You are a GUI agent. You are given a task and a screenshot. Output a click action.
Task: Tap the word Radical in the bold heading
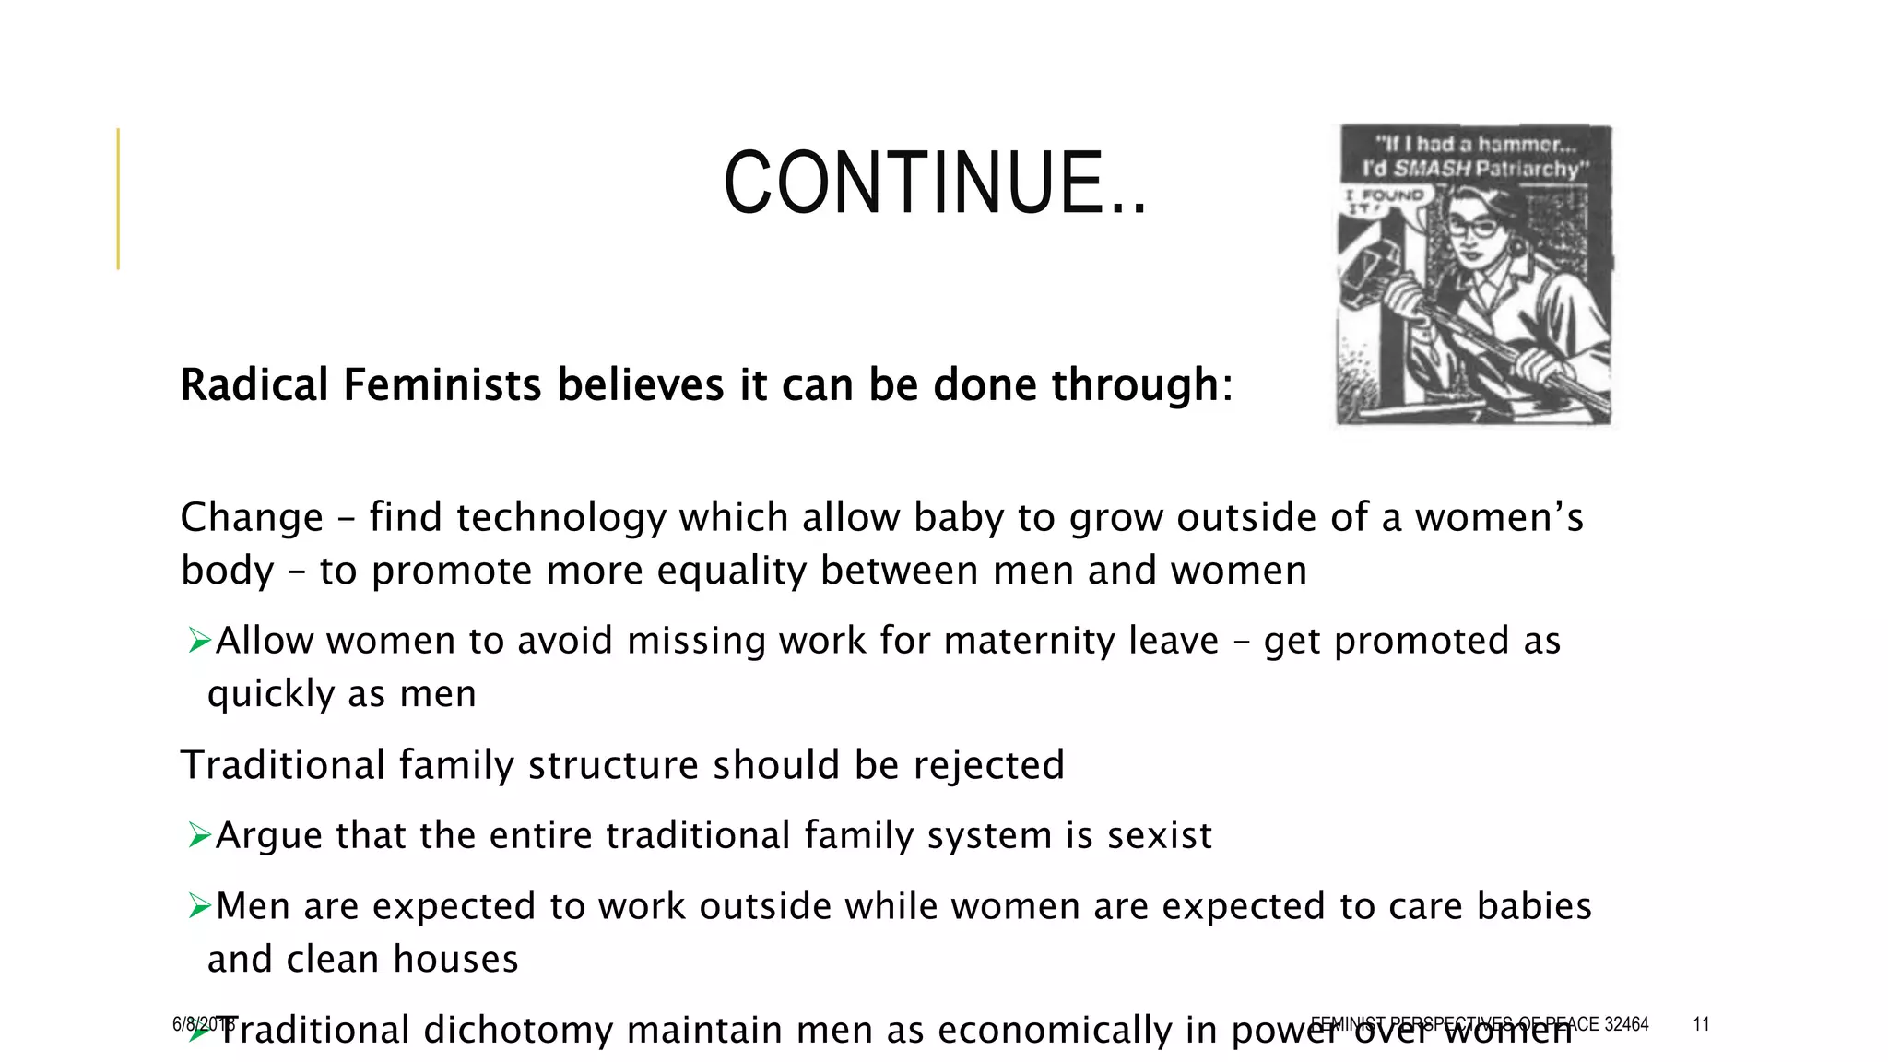254,384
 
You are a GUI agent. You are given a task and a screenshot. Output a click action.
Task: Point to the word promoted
1422,642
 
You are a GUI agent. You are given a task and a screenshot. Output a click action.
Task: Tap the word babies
1534,906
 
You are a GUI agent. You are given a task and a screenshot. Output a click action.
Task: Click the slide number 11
1701,1024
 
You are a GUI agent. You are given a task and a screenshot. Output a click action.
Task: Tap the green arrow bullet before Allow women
200,640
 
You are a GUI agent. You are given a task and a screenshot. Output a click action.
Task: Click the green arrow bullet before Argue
200,835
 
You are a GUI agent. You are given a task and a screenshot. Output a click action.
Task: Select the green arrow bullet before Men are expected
200,906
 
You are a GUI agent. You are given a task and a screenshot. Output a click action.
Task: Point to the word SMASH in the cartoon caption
1432,169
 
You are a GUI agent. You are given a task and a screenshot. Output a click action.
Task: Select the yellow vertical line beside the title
118,198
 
